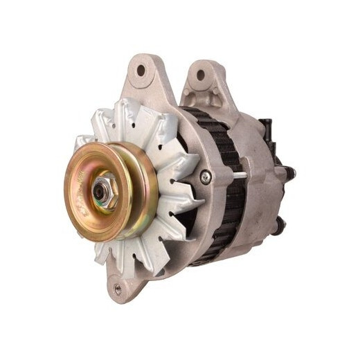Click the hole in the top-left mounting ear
click(142, 70)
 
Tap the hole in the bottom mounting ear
click(118, 289)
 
